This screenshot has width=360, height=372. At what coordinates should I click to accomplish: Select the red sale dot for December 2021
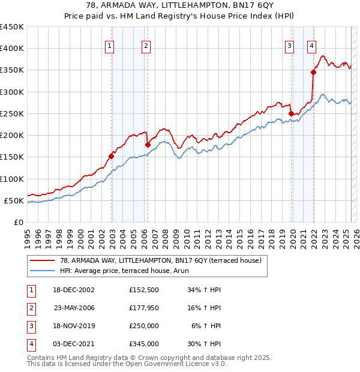coord(313,73)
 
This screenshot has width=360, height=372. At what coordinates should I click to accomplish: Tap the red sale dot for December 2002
coord(112,156)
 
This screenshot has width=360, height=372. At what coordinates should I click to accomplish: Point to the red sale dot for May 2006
coord(148,145)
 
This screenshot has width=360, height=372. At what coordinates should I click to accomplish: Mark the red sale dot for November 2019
coord(291,113)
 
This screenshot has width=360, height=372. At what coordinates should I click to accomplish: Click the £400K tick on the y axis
coord(12,49)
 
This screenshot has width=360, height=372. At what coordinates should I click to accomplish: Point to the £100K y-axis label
coord(12,179)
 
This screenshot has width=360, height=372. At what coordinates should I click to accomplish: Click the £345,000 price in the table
coord(144,344)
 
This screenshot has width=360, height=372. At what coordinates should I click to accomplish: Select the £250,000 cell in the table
coord(144,326)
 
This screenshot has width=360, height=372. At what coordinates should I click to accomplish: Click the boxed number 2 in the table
coord(30,308)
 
